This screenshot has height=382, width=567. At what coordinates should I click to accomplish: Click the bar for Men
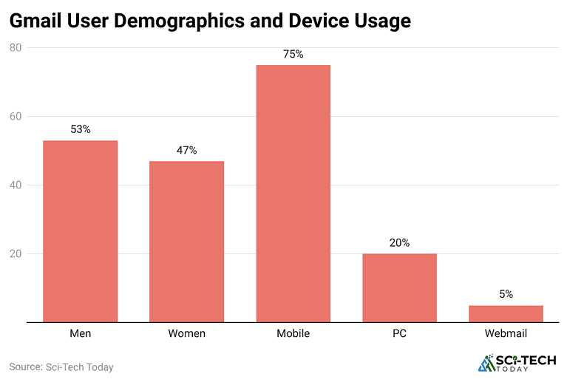pyautogui.click(x=81, y=231)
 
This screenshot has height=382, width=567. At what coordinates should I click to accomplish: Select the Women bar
pyautogui.click(x=187, y=242)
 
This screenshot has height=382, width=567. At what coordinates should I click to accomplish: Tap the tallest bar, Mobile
pyautogui.click(x=293, y=194)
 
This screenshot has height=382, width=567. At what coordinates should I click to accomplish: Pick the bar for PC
pyautogui.click(x=400, y=287)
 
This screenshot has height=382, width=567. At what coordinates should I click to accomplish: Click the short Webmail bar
pyautogui.click(x=506, y=313)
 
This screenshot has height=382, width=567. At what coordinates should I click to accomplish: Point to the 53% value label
pyautogui.click(x=81, y=129)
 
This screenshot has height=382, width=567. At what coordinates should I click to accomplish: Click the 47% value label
pyautogui.click(x=187, y=150)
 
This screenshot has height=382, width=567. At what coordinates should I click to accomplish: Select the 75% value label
pyautogui.click(x=293, y=54)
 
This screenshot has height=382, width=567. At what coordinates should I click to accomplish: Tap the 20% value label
pyautogui.click(x=400, y=242)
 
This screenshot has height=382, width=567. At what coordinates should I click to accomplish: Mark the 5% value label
pyautogui.click(x=506, y=294)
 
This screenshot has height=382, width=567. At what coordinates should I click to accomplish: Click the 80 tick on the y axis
pyautogui.click(x=16, y=48)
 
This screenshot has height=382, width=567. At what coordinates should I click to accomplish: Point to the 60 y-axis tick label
pyautogui.click(x=16, y=117)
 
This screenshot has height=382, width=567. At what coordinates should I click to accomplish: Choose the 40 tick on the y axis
pyautogui.click(x=16, y=185)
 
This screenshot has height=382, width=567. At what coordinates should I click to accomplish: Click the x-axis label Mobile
pyautogui.click(x=293, y=334)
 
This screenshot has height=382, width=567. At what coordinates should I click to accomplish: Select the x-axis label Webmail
pyautogui.click(x=506, y=334)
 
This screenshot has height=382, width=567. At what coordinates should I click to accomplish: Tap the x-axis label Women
pyautogui.click(x=187, y=334)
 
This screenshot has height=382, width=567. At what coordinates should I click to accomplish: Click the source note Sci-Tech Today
pyautogui.click(x=61, y=366)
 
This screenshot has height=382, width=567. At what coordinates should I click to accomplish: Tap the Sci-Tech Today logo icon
pyautogui.click(x=486, y=363)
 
